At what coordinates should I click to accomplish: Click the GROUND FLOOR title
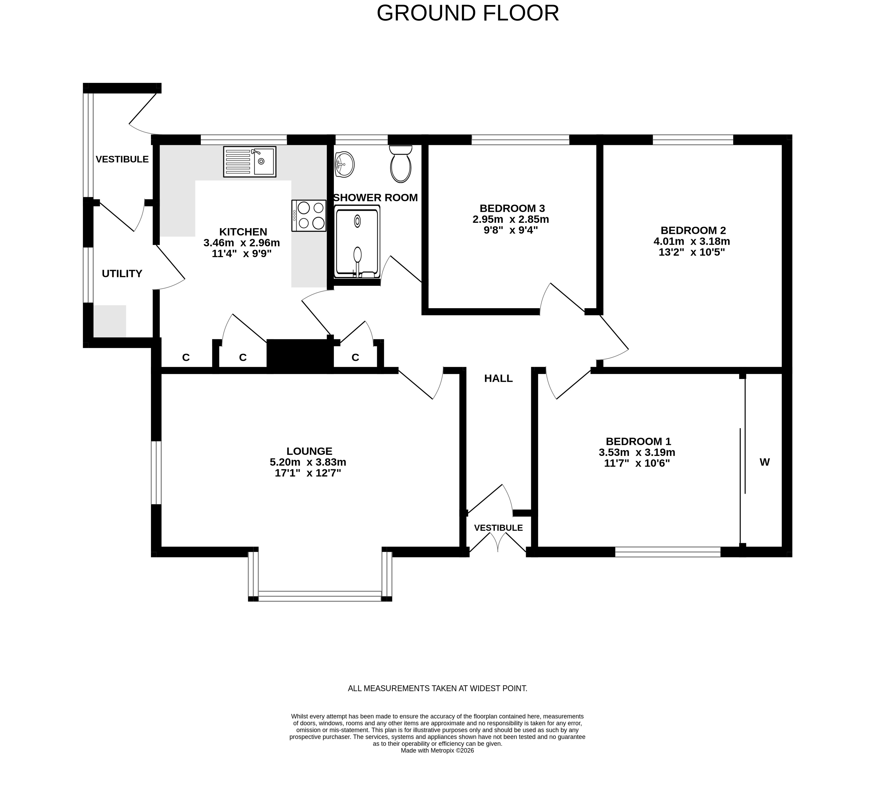click(468, 13)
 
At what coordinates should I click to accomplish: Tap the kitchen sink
click(250, 161)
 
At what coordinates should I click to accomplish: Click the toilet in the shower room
click(401, 164)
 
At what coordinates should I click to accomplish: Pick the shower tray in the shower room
click(358, 242)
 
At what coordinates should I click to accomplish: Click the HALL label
click(498, 379)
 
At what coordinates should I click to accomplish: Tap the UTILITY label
click(122, 273)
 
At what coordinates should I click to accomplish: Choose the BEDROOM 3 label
click(512, 208)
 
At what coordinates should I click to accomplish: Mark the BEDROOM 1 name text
click(638, 442)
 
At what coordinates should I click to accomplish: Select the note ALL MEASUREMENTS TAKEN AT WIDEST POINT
click(438, 688)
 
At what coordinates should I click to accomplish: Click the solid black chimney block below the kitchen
click(300, 356)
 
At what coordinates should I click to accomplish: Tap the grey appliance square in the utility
click(110, 321)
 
